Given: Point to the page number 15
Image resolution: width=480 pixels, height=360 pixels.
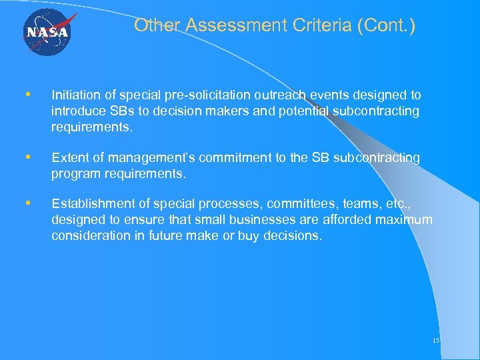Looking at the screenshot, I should coord(435,341).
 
